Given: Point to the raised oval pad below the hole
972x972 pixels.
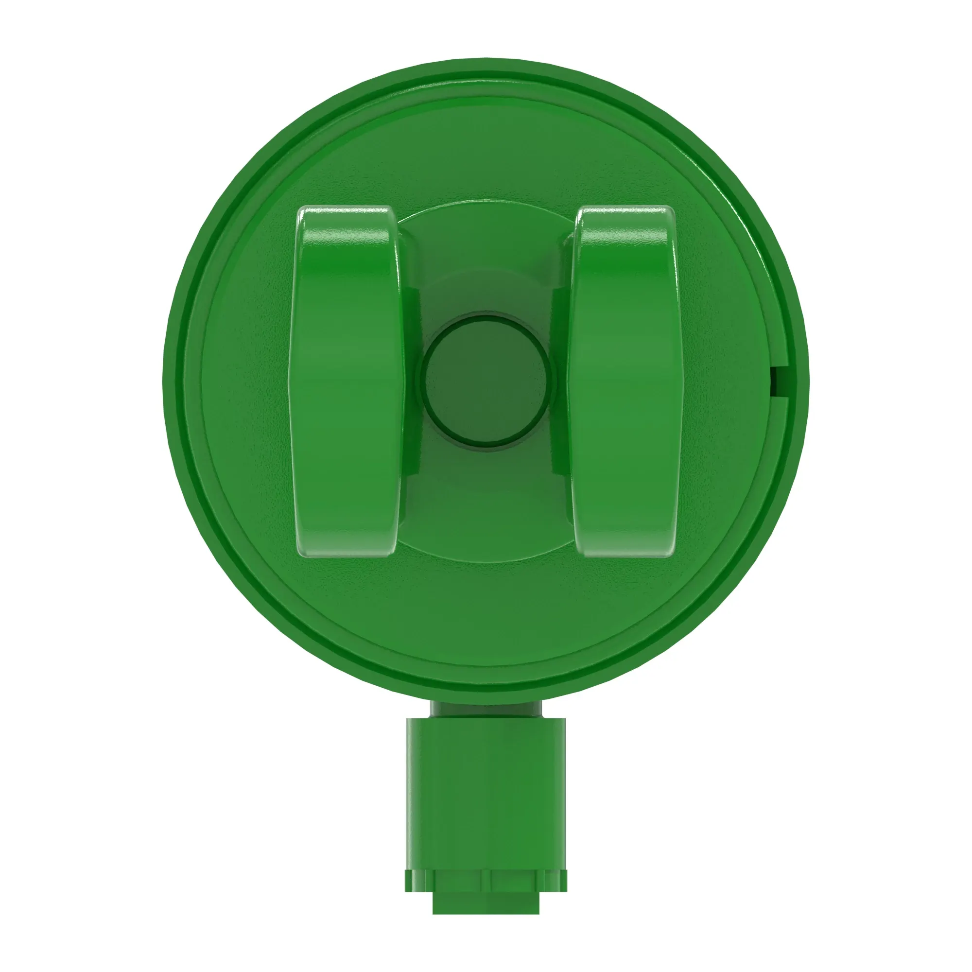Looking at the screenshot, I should pyautogui.click(x=486, y=518).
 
